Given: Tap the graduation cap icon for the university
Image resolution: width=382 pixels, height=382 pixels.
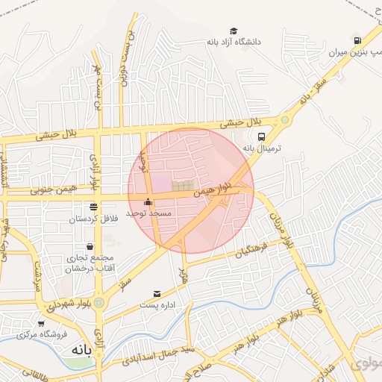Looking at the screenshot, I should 234,31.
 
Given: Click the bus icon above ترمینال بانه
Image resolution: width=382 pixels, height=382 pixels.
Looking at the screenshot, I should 261,137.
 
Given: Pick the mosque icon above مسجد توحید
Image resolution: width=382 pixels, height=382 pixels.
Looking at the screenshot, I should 148,202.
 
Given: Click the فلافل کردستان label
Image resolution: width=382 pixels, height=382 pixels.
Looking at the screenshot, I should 93,219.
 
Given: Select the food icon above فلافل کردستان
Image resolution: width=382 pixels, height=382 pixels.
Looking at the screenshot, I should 93,207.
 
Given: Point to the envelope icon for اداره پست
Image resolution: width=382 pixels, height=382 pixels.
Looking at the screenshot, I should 157,294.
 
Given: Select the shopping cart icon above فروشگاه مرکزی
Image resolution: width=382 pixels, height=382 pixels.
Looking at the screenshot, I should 41,324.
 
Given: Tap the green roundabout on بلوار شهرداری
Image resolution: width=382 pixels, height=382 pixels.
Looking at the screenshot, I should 98,301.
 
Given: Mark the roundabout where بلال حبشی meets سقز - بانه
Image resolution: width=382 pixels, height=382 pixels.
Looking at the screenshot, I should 285,119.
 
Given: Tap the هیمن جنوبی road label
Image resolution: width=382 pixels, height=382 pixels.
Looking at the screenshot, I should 48,192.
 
